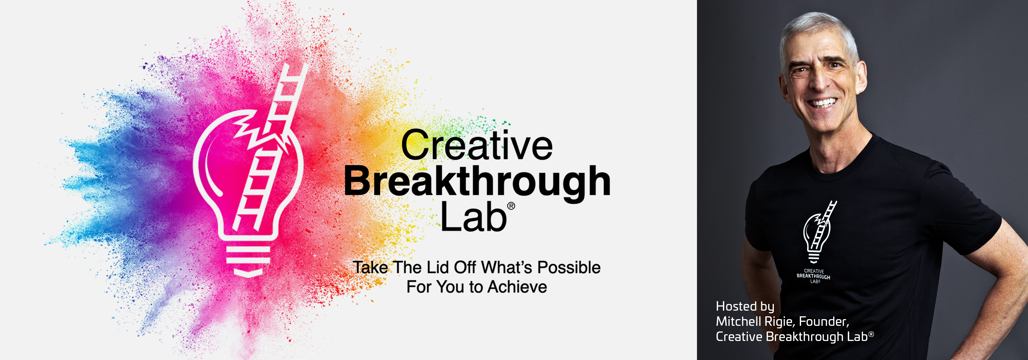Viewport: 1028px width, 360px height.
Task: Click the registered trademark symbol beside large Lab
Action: point(511,206)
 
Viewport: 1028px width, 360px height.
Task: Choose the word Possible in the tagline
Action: point(569,267)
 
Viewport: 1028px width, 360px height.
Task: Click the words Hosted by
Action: point(745,307)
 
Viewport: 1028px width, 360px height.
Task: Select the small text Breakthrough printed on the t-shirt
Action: point(813,276)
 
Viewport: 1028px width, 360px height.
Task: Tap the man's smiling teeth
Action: point(822,103)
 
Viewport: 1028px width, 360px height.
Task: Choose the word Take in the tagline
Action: point(371,267)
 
